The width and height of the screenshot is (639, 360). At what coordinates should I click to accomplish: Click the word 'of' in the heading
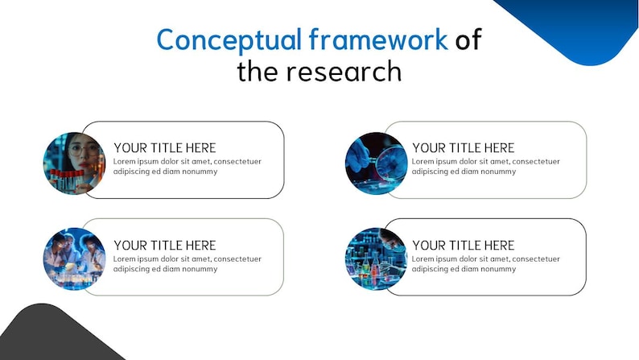(x=468, y=39)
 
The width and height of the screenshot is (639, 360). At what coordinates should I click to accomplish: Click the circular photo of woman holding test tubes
(x=74, y=163)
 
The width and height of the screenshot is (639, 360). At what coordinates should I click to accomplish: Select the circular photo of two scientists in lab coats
(x=74, y=259)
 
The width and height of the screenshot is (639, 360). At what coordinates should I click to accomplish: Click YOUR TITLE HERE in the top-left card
(x=165, y=148)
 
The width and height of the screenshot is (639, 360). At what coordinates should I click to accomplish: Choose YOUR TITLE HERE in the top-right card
(x=464, y=148)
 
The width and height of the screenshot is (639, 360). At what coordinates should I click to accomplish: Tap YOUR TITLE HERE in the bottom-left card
(x=165, y=246)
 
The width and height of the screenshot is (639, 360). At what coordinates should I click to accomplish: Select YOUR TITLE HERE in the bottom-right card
(x=464, y=246)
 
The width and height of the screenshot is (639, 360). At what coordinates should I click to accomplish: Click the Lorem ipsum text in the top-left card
(x=187, y=167)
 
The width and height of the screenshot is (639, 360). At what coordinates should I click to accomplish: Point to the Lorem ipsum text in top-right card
(x=485, y=167)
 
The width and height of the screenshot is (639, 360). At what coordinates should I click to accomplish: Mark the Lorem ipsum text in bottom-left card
(x=187, y=264)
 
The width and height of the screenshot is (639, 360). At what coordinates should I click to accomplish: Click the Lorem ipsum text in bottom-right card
(x=485, y=264)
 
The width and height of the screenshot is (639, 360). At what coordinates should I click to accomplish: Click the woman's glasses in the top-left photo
(x=85, y=150)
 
